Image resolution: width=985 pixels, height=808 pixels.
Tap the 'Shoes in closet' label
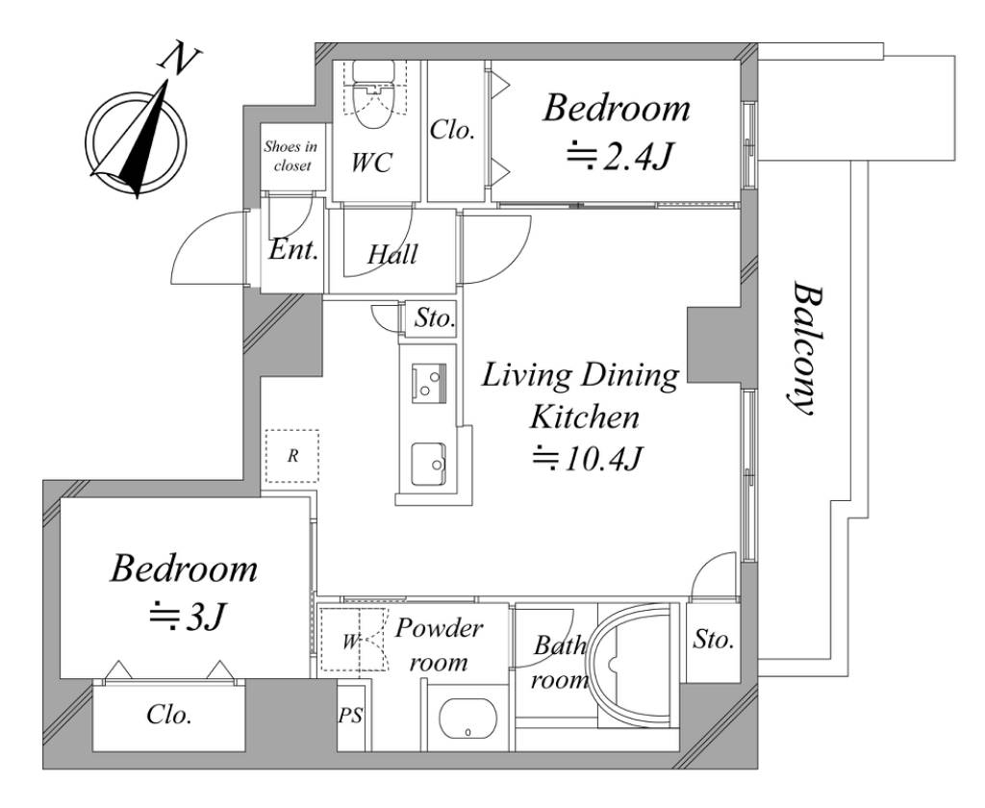click(x=290, y=156)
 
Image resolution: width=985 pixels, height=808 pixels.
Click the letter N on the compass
click(x=180, y=59)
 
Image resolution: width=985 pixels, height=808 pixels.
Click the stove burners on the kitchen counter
click(x=429, y=383)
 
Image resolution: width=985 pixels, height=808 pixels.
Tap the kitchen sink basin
click(x=429, y=465)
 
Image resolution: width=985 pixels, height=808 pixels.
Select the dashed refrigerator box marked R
click(x=291, y=456)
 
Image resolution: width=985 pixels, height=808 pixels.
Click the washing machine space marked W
click(x=350, y=641)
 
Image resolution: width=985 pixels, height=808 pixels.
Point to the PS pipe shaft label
click(x=350, y=716)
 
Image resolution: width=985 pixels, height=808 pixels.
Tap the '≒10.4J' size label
click(x=587, y=459)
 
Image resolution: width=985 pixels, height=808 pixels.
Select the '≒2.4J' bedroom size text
click(x=619, y=157)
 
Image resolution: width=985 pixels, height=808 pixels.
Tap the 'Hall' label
click(x=392, y=255)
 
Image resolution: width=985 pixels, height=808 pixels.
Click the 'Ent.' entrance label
click(x=292, y=251)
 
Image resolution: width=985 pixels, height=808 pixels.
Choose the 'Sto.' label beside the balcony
click(x=713, y=640)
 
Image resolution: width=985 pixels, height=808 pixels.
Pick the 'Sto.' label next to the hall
click(x=434, y=318)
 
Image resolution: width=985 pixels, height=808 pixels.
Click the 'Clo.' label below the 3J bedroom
click(x=169, y=715)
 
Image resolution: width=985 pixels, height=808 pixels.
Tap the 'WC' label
click(x=371, y=163)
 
